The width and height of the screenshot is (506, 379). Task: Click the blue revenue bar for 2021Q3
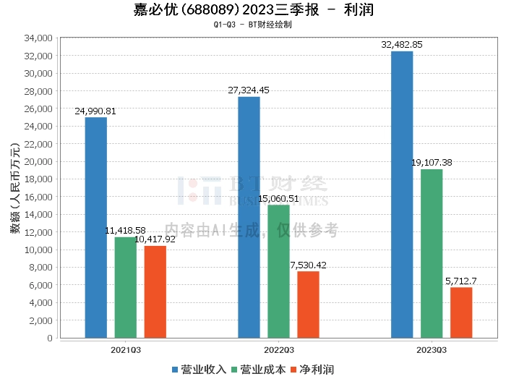[96, 227]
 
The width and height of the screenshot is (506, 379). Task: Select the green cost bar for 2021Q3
[125, 287]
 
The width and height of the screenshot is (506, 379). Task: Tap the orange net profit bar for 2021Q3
[155, 291]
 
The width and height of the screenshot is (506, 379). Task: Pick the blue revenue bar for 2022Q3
[249, 217]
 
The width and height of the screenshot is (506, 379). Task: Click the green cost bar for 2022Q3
[278, 271]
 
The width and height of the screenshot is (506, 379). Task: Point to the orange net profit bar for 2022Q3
[308, 305]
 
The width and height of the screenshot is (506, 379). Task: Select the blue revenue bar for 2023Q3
[402, 195]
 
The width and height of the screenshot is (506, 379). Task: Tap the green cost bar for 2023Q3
[432, 253]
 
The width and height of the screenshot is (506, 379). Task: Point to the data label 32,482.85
[402, 45]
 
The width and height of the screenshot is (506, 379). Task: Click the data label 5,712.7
[461, 281]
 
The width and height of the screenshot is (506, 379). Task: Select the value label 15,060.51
[279, 198]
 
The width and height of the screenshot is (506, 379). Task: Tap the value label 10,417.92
[155, 239]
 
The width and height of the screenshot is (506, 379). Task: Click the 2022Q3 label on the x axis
[278, 349]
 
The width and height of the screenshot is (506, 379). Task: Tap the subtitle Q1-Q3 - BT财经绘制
[253, 24]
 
